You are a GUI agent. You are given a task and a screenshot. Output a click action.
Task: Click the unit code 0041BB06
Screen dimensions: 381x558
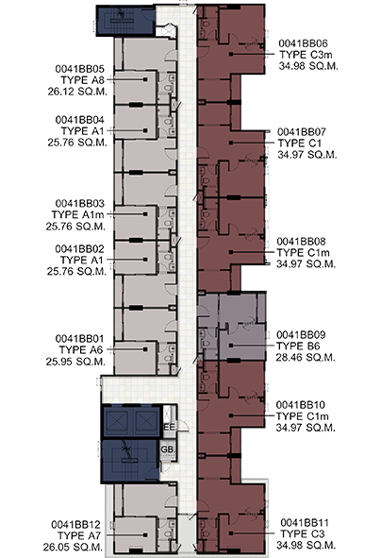click(x=303, y=43)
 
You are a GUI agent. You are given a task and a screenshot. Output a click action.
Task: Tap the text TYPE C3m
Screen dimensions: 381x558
click(x=306, y=55)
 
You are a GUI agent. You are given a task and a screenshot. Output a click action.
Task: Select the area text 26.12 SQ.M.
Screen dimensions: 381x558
click(x=77, y=92)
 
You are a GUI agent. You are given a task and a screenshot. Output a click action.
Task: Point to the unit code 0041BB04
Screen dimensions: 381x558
click(x=79, y=120)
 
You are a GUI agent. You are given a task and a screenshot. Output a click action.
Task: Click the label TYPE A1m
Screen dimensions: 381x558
click(x=78, y=215)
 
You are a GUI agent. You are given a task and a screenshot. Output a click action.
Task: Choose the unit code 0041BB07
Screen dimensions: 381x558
click(x=302, y=132)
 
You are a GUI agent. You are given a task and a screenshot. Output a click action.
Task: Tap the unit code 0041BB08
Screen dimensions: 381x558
click(x=301, y=242)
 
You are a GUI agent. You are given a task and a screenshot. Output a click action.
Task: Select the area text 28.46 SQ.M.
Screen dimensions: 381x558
click(x=306, y=357)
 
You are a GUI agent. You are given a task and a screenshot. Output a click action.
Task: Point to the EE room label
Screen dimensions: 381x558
click(x=169, y=427)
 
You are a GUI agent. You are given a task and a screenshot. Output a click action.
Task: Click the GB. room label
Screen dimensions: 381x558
click(x=168, y=449)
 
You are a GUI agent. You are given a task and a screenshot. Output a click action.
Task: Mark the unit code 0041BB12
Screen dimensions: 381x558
click(x=76, y=525)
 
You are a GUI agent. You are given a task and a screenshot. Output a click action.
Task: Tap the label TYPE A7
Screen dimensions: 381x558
click(x=79, y=535)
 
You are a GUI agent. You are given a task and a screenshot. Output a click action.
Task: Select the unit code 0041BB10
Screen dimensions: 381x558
click(x=301, y=405)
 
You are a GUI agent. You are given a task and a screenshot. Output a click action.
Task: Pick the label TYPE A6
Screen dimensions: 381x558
click(x=81, y=350)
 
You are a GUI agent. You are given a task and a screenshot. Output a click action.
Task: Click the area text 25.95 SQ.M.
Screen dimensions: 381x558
click(x=75, y=362)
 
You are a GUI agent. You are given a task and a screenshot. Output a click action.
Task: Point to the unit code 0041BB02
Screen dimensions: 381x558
click(x=79, y=249)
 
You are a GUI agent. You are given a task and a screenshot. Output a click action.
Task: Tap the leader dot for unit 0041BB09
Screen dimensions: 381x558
click(x=231, y=346)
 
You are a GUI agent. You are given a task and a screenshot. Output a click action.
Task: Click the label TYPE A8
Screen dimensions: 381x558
click(x=82, y=80)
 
